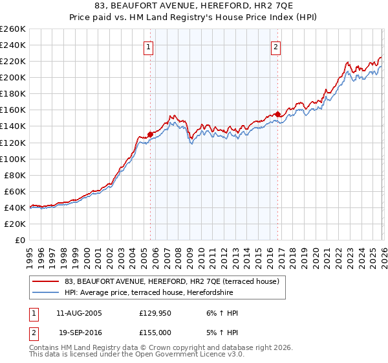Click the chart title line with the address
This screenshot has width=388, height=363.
(x=194, y=6)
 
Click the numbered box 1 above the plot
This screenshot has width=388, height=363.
(x=149, y=47)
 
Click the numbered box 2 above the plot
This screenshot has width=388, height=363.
(x=276, y=47)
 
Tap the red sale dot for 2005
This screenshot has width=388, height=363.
(x=150, y=134)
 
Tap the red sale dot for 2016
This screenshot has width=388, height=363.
(x=277, y=114)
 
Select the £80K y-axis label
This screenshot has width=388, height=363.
(x=15, y=175)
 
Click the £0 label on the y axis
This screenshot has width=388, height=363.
(x=20, y=240)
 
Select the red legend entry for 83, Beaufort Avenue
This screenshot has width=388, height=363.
(x=171, y=281)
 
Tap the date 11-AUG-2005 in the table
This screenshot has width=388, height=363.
(x=79, y=313)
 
